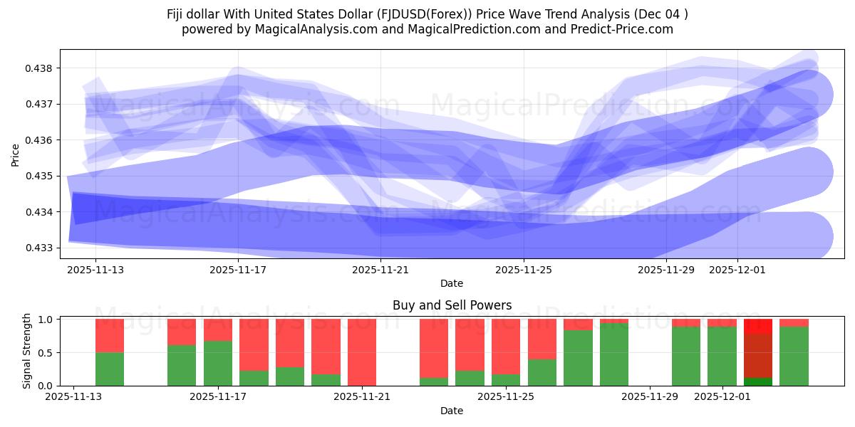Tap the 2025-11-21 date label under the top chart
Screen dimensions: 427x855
[x=381, y=270]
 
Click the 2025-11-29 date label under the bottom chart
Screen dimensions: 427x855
[x=651, y=397]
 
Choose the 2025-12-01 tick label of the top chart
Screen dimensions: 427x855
[x=737, y=270]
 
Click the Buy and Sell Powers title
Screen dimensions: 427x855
[x=452, y=305]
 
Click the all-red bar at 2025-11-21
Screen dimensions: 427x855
[x=362, y=352]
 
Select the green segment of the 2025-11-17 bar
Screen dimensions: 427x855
[x=218, y=363]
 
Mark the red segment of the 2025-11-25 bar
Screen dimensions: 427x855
[x=506, y=346]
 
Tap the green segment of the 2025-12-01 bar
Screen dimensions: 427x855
[x=722, y=356]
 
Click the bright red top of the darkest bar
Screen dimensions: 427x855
[x=758, y=326]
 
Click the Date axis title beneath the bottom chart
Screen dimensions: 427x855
[x=452, y=411]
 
